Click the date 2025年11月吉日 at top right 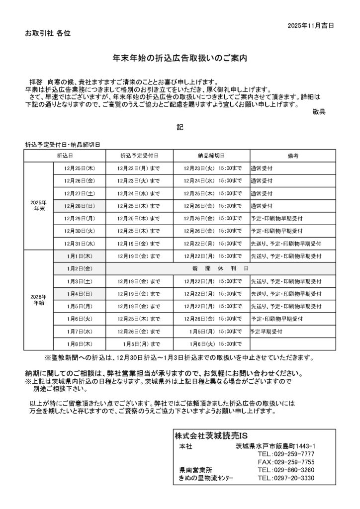point(311,24)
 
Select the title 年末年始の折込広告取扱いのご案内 point(180,58)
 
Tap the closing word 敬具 point(319,112)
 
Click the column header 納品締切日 point(211,156)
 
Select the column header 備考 point(292,156)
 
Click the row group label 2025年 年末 point(38,206)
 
